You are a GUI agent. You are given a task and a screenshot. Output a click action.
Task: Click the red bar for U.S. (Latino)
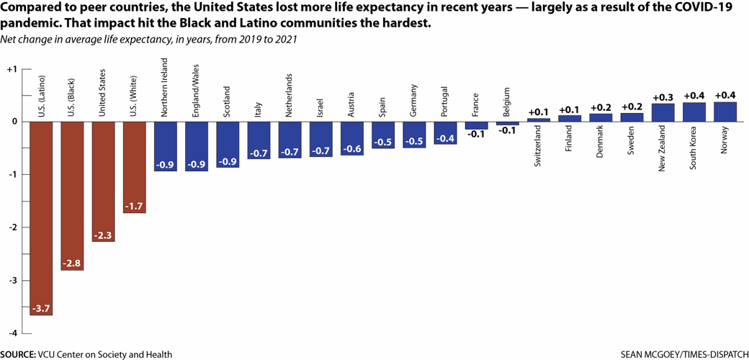(41, 216)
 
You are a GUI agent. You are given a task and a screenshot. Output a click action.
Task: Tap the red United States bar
(104, 180)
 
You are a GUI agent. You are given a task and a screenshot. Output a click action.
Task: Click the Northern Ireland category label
(166, 94)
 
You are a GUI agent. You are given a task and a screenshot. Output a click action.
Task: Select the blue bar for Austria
(351, 138)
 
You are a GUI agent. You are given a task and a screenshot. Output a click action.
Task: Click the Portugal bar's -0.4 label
(445, 138)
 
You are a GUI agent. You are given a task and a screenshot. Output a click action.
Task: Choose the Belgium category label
(506, 102)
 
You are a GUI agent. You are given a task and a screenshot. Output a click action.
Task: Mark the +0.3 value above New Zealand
(663, 97)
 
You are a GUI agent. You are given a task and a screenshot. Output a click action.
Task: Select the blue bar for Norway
(725, 112)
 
